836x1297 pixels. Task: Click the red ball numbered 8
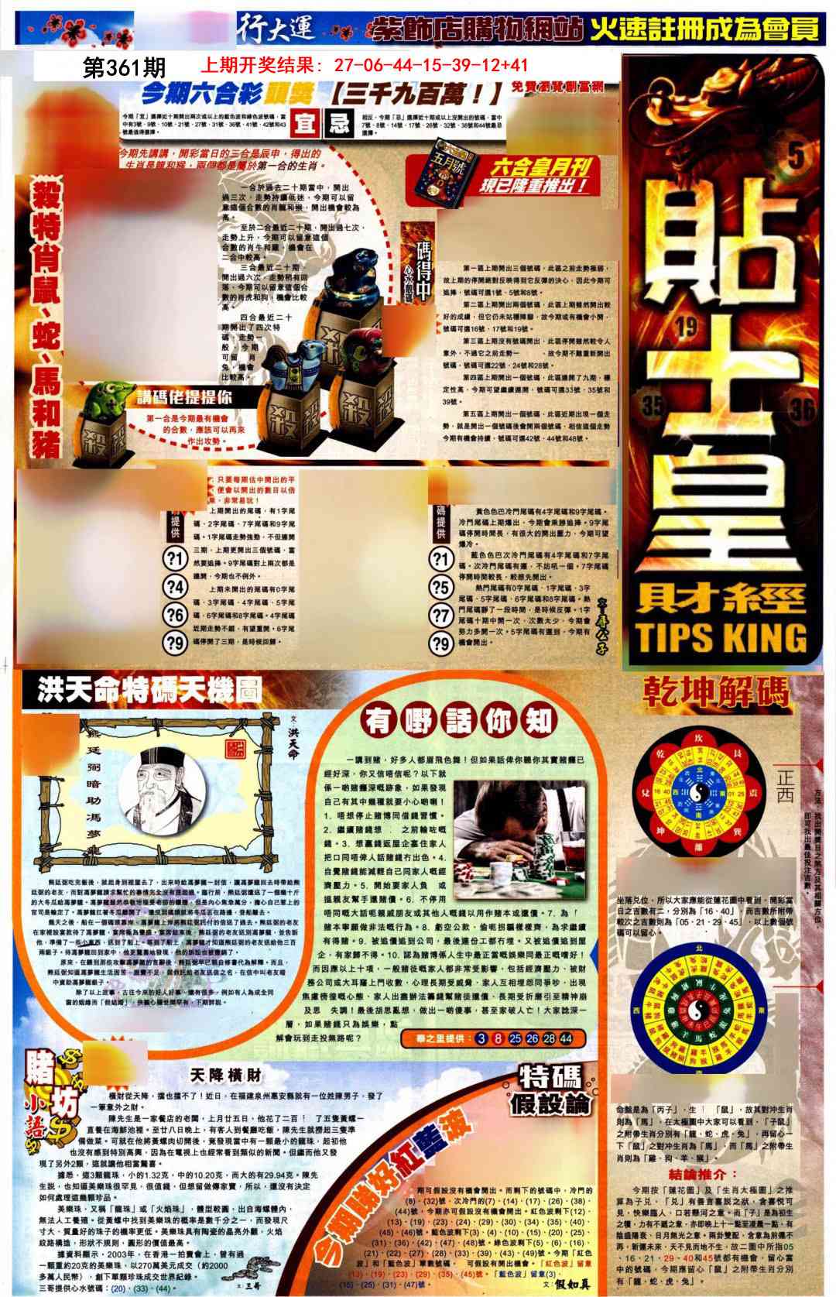point(499,1038)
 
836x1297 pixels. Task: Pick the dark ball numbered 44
point(566,1038)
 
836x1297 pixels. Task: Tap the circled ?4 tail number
point(176,586)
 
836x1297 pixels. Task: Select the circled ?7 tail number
point(440,615)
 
